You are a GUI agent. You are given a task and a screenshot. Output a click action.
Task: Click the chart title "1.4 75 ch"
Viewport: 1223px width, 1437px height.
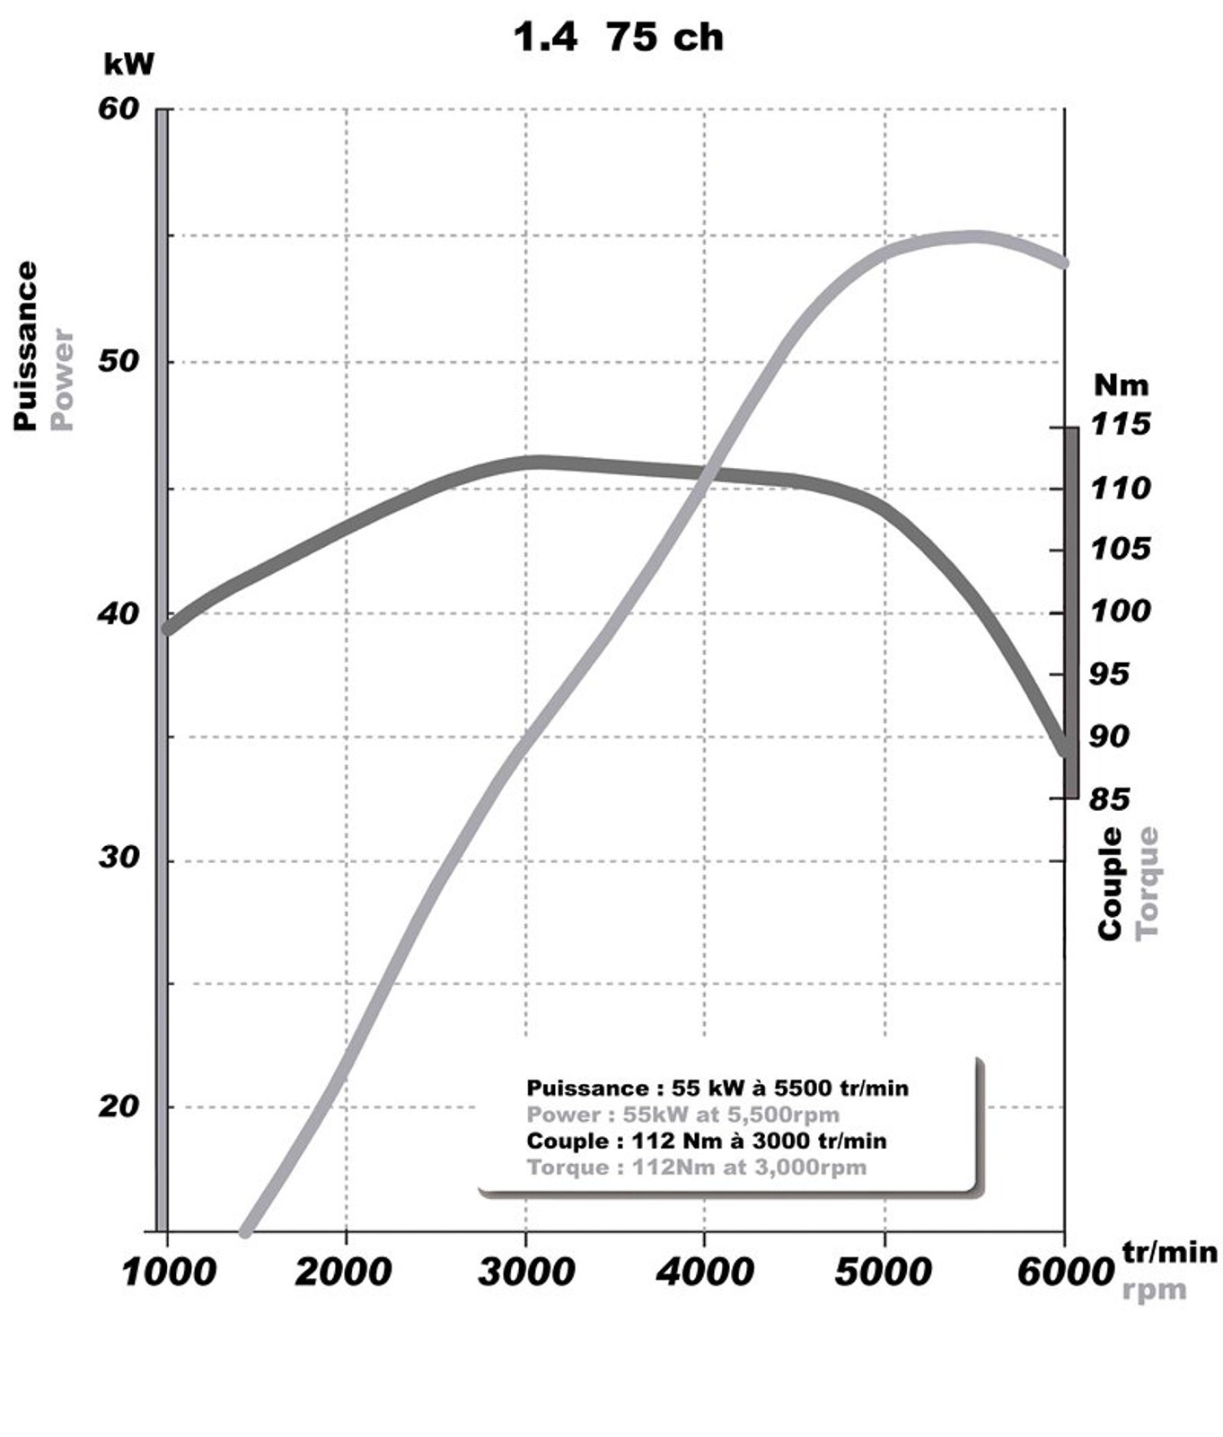pyautogui.click(x=618, y=37)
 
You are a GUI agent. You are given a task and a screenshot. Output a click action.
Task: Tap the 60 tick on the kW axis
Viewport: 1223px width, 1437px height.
pyautogui.click(x=119, y=109)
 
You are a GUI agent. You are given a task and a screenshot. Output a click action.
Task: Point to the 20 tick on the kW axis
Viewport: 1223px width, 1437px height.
pyautogui.click(x=119, y=1106)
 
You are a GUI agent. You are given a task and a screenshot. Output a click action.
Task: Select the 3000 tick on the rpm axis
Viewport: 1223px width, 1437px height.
pyautogui.click(x=525, y=1272)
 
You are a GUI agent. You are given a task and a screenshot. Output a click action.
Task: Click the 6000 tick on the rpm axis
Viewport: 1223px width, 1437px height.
pyautogui.click(x=1065, y=1272)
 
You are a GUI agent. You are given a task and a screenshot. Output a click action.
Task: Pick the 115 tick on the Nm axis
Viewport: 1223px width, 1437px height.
pyautogui.click(x=1120, y=424)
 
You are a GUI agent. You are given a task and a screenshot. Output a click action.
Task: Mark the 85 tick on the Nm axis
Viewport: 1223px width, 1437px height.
pyautogui.click(x=1110, y=798)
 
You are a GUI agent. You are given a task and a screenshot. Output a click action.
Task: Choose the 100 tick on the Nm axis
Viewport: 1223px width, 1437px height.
pyautogui.click(x=1120, y=612)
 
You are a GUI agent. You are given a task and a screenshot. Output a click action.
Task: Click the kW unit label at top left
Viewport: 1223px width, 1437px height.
pyautogui.click(x=129, y=65)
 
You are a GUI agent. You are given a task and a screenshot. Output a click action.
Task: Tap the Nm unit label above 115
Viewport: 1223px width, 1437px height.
pyautogui.click(x=1121, y=385)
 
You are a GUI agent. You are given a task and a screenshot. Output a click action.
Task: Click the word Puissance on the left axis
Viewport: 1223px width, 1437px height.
pyautogui.click(x=26, y=346)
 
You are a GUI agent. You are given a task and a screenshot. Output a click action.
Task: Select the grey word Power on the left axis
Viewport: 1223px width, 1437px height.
pyautogui.click(x=62, y=378)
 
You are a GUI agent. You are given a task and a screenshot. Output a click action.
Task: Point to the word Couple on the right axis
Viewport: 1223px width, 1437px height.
pyautogui.click(x=1111, y=884)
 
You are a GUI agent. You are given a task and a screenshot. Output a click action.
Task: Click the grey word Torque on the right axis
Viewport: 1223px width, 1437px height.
pyautogui.click(x=1148, y=884)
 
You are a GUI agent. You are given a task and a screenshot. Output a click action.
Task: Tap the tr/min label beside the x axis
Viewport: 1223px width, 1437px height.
pyautogui.click(x=1169, y=1251)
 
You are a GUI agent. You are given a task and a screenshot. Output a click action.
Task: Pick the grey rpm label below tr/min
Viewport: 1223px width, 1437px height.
pyautogui.click(x=1154, y=1290)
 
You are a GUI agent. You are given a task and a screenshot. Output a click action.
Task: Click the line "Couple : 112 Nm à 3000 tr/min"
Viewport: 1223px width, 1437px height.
pyautogui.click(x=706, y=1141)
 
